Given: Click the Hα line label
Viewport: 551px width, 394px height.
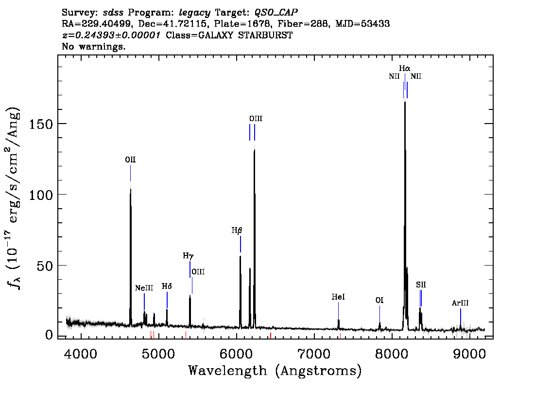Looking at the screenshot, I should pyautogui.click(x=405, y=69).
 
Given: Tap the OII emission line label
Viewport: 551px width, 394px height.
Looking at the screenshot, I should pyautogui.click(x=130, y=160).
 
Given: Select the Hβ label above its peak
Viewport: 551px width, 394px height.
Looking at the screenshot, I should pyautogui.click(x=237, y=231).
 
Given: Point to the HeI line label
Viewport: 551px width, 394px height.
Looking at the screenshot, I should pyautogui.click(x=338, y=297).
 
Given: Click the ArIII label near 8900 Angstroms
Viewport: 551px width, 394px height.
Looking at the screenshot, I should pyautogui.click(x=460, y=303).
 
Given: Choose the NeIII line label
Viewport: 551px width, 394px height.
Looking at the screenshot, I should pyautogui.click(x=144, y=288).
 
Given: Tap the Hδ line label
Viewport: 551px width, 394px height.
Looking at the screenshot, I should pyautogui.click(x=167, y=287).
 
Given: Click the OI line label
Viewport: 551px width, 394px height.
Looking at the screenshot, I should pyautogui.click(x=379, y=301).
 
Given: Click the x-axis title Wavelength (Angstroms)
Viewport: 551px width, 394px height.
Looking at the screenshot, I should pyautogui.click(x=275, y=371).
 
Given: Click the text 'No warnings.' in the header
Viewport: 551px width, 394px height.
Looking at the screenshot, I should pyautogui.click(x=94, y=47).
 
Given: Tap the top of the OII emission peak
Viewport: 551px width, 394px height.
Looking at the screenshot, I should pyautogui.click(x=130, y=189).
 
